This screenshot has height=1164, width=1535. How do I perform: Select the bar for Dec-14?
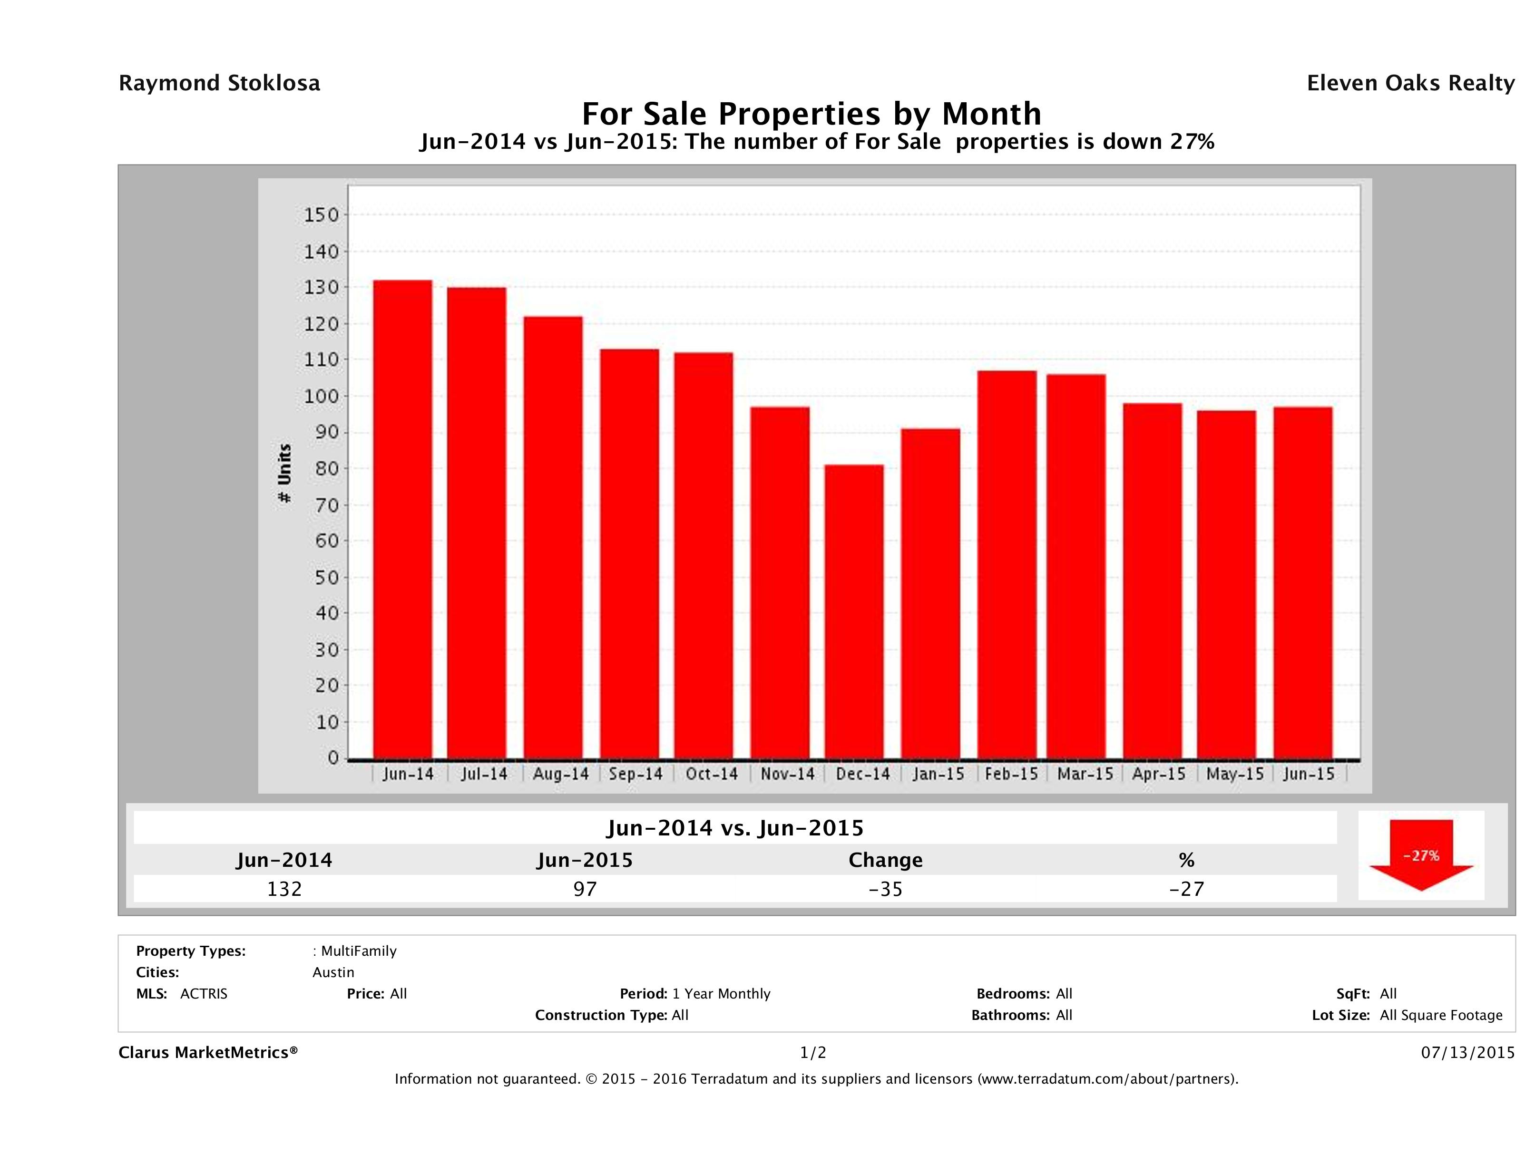(854, 612)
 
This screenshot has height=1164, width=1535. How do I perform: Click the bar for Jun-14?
(402, 520)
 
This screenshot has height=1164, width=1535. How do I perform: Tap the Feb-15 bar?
(1007, 565)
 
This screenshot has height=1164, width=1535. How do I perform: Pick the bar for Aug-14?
(553, 538)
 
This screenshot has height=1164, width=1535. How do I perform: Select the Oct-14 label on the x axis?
(711, 774)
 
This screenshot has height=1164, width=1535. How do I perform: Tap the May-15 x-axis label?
(1234, 774)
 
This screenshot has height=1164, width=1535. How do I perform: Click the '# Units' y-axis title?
(284, 474)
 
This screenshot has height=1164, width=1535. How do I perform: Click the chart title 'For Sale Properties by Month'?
(811, 113)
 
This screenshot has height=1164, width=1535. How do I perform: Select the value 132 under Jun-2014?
(284, 889)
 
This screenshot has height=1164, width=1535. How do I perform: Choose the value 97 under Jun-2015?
(585, 889)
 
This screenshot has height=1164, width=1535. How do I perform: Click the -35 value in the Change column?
(886, 889)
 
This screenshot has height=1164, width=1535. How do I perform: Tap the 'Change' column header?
(886, 860)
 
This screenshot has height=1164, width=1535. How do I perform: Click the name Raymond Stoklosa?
(219, 83)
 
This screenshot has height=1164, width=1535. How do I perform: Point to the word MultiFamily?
(359, 951)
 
